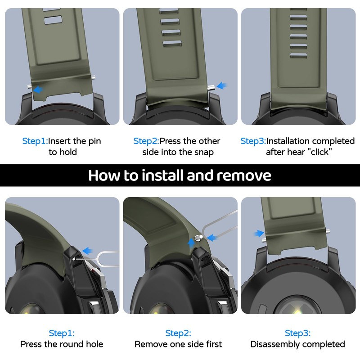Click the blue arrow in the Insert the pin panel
[x=38, y=89]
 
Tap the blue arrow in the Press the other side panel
[x=221, y=85]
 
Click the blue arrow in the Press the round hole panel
[x=87, y=251]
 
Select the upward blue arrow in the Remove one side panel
[x=191, y=243]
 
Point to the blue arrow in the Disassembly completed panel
[x=259, y=234]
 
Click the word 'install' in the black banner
[x=163, y=175]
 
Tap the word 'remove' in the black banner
[x=244, y=176]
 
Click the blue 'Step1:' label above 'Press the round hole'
[x=62, y=333]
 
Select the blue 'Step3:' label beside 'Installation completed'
[x=253, y=141]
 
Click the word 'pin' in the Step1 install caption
[x=94, y=141]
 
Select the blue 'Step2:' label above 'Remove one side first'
[x=178, y=333]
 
